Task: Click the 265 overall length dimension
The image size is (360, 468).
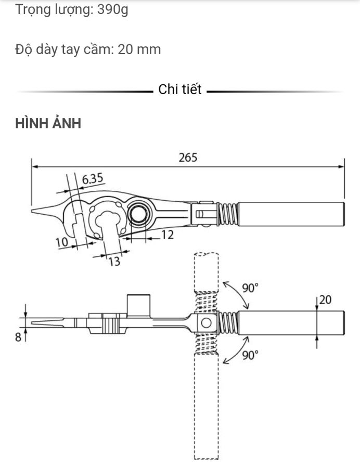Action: coord(188,157)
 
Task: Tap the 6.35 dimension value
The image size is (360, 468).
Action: coord(93,179)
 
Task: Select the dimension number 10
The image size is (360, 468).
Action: coord(62,242)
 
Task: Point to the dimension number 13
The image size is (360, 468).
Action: coord(114,261)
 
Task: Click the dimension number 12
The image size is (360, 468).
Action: coord(168,235)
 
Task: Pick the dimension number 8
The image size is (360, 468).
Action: coord(18,337)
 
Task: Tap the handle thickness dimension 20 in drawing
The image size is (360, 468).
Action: coord(325,300)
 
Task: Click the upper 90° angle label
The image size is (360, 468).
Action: coord(250,288)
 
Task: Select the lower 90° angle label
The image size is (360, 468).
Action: coord(250,355)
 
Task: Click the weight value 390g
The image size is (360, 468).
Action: coord(113,10)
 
